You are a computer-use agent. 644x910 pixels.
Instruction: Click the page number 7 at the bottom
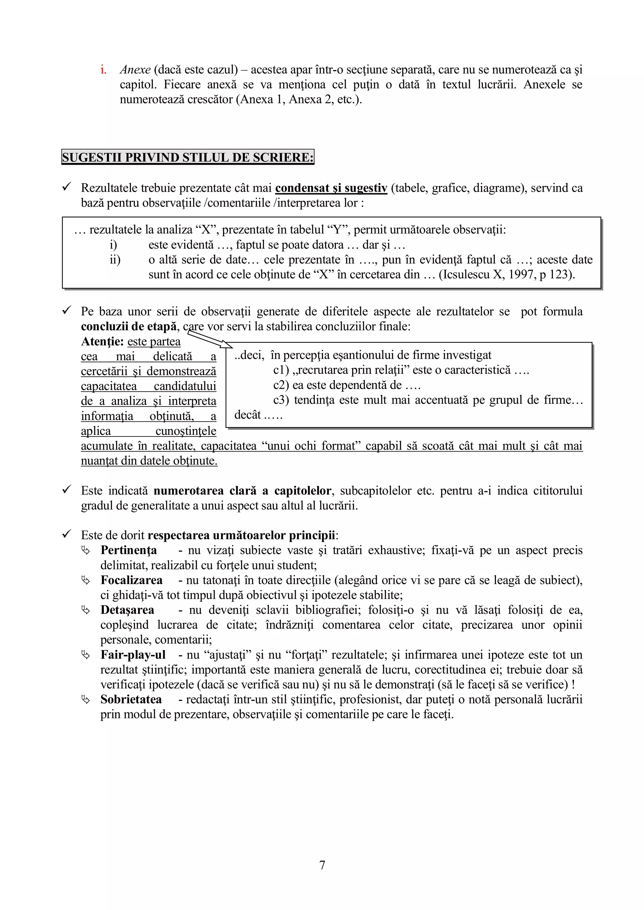point(322,865)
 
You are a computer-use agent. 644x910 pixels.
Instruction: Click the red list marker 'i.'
point(103,70)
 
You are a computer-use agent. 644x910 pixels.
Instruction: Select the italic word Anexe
point(135,70)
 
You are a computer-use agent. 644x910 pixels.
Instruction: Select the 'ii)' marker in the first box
point(115,260)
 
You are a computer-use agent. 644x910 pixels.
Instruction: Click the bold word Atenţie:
point(102,341)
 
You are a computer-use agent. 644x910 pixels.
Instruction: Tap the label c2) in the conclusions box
point(281,385)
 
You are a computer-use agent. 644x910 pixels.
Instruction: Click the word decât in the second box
point(247,415)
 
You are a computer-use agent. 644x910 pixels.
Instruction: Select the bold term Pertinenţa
point(129,550)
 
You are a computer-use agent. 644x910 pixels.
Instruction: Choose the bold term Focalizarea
point(131,580)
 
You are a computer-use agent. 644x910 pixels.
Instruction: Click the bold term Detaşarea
point(127,610)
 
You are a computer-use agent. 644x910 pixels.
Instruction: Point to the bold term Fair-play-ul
point(133,655)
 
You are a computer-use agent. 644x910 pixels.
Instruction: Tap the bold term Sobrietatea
point(131,699)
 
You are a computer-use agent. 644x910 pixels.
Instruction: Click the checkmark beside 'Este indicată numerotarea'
point(67,490)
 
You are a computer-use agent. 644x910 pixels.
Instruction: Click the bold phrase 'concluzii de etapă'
point(129,326)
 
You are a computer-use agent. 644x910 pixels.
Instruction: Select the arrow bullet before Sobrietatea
point(86,700)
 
